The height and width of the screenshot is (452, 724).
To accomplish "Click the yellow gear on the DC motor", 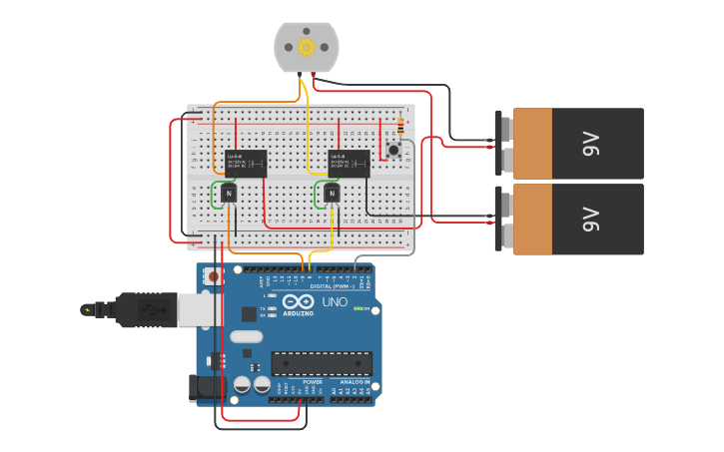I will point(307,47).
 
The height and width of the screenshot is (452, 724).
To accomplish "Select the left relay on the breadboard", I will point(246,163).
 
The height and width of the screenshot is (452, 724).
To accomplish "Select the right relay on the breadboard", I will point(349,163).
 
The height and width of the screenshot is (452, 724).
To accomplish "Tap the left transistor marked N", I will point(229,192).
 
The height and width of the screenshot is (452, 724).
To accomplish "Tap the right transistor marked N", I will point(332,193).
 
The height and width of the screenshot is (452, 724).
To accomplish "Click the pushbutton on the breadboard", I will point(393,151).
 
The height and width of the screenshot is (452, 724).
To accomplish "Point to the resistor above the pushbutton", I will point(400,127).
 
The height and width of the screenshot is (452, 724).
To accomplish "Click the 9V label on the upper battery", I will point(590,144).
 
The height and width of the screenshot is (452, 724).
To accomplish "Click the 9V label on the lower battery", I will point(590,219).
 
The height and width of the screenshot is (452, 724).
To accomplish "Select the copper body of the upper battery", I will point(532,144).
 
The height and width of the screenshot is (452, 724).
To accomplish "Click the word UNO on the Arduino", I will point(335,301).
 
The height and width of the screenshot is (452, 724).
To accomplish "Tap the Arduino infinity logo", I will point(298,301).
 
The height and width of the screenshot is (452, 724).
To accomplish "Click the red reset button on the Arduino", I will point(213,276).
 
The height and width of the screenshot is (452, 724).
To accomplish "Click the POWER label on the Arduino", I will point(313,382).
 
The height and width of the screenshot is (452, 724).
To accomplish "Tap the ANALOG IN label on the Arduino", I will point(355,382).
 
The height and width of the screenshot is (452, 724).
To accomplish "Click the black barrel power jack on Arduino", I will point(204,387).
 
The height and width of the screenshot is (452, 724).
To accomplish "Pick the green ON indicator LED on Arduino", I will point(358,308).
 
